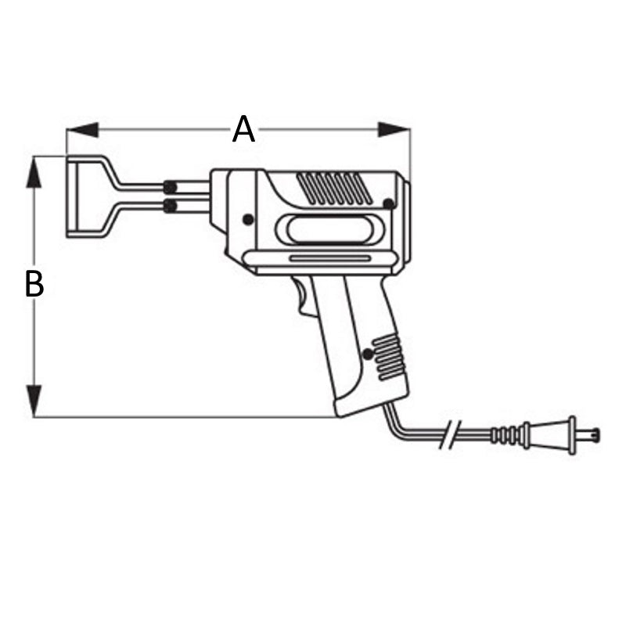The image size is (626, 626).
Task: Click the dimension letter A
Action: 244,129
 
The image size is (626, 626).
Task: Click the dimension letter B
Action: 34,284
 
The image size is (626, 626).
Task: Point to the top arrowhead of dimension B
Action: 34,172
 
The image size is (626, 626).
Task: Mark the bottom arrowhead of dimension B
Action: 34,401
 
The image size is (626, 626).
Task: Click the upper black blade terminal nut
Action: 169,187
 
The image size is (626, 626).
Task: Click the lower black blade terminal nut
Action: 169,206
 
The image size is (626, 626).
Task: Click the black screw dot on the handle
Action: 367,354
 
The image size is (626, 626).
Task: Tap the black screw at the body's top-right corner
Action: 387,203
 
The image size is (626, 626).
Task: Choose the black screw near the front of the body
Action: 248,220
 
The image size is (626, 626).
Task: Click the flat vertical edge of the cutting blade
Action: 68,196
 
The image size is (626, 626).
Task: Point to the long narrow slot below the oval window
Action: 329,257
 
